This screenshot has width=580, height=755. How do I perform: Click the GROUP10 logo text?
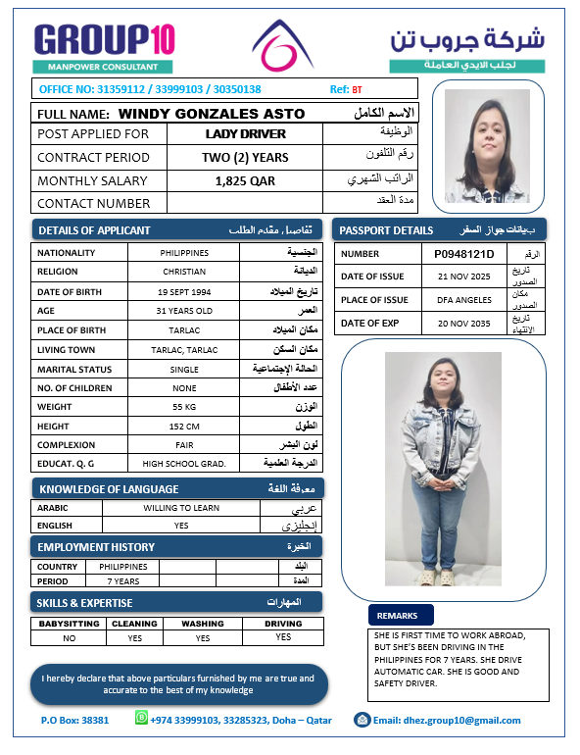pyautogui.click(x=105, y=39)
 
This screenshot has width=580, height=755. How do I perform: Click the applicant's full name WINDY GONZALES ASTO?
pyautogui.click(x=211, y=114)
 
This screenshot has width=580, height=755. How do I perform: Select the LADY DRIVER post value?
pyautogui.click(x=246, y=133)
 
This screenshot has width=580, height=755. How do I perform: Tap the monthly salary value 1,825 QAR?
pyautogui.click(x=245, y=180)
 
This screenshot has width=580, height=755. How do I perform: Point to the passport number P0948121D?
pyautogui.click(x=464, y=254)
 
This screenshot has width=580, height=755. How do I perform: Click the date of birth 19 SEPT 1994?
pyautogui.click(x=184, y=292)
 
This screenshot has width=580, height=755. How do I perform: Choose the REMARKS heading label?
pyautogui.click(x=399, y=616)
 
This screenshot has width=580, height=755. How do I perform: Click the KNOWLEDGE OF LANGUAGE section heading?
pyautogui.click(x=108, y=488)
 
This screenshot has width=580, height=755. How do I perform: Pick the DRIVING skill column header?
pyautogui.click(x=283, y=624)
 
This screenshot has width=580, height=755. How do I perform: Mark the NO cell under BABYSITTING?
pyautogui.click(x=69, y=638)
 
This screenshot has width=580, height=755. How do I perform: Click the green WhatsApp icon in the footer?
pyautogui.click(x=142, y=719)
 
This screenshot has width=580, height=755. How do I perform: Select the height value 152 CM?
pyautogui.click(x=184, y=426)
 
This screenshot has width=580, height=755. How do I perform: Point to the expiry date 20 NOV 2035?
pyautogui.click(x=464, y=323)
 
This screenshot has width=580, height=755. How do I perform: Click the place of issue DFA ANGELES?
pyautogui.click(x=464, y=300)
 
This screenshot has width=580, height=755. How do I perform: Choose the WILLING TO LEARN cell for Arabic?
pyautogui.click(x=180, y=508)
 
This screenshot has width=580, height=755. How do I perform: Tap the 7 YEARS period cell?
pyautogui.click(x=122, y=581)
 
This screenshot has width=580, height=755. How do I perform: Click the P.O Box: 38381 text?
pyautogui.click(x=75, y=721)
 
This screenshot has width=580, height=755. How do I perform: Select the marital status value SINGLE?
pyautogui.click(x=184, y=369)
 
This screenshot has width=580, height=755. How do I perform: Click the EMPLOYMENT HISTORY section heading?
pyautogui.click(x=96, y=546)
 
